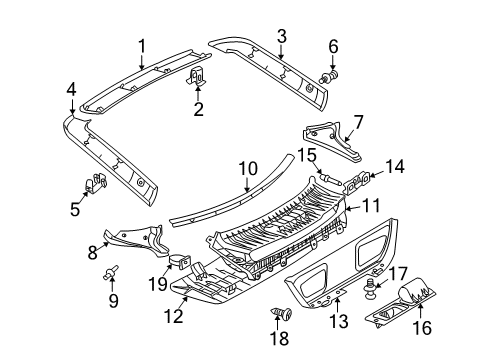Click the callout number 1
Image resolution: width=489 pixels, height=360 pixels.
[142, 46]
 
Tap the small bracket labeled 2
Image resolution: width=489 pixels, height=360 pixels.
[196, 76]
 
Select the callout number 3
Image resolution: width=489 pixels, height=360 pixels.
[282, 36]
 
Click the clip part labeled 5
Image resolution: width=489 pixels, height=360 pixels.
[95, 182]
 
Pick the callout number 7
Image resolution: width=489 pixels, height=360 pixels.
[359, 122]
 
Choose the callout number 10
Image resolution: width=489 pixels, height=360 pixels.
[248, 169]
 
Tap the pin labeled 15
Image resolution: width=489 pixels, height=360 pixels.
[329, 177]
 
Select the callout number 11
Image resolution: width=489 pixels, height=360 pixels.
[371, 206]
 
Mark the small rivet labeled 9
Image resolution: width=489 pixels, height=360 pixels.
[111, 272]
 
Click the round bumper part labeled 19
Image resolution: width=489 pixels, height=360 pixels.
[180, 262]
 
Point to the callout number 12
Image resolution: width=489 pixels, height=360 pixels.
[174, 316]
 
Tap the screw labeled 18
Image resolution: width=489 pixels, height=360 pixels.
[282, 314]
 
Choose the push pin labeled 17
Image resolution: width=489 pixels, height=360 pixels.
[370, 289]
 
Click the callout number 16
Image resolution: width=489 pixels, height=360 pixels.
[422, 327]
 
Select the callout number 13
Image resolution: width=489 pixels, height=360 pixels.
[339, 321]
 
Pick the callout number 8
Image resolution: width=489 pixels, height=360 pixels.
[92, 252]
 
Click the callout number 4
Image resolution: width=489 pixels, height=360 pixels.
[71, 89]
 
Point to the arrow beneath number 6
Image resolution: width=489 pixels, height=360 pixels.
[333, 63]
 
